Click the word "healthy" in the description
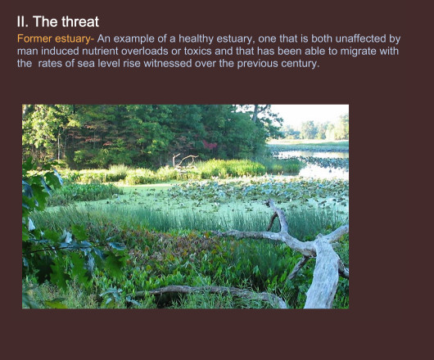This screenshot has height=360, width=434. [x=196, y=38]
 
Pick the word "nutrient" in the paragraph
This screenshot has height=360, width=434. [x=100, y=51]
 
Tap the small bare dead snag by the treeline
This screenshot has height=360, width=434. [x=183, y=161]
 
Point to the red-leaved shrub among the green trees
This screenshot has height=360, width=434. [x=210, y=145]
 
